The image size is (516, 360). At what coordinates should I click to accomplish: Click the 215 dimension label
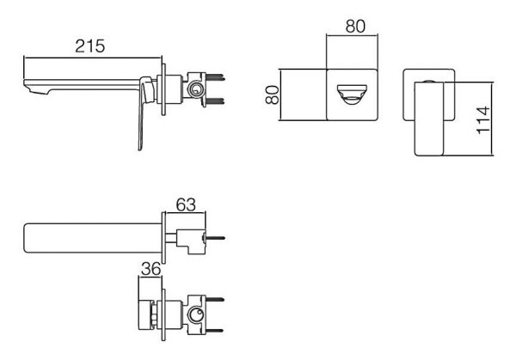[x=89, y=46]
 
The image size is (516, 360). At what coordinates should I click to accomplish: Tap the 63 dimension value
[x=186, y=204]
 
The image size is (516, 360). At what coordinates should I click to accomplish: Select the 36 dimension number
[x=150, y=269]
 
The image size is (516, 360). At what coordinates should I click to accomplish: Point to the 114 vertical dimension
[x=483, y=119]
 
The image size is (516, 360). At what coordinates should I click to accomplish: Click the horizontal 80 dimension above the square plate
[x=355, y=27]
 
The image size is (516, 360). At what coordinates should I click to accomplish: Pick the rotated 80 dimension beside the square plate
[x=272, y=95]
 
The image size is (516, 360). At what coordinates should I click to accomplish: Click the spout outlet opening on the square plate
[x=352, y=95]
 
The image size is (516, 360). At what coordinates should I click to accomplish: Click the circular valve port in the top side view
[x=196, y=89]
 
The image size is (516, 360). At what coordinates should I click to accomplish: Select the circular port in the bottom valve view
[x=196, y=315]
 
